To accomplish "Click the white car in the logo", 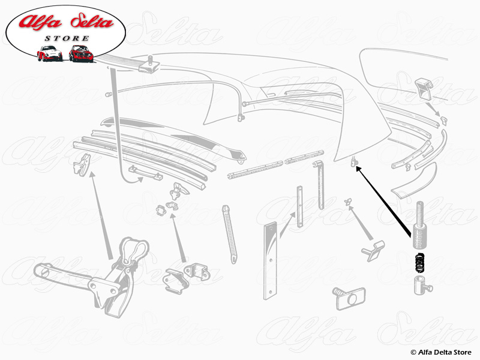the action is [x=50, y=53].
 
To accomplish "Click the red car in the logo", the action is [x=81, y=53].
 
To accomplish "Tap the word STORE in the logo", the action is [x=67, y=38].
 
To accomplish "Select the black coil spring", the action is [x=420, y=262].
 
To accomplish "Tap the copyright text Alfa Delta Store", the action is [x=441, y=352].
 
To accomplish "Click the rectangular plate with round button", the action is [x=350, y=298].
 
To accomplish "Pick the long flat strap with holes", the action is [x=271, y=261].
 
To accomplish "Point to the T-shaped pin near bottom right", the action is [x=373, y=251].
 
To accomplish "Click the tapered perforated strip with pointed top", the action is [x=230, y=234].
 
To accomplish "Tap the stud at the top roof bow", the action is [x=150, y=61].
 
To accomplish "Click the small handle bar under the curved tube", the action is [x=146, y=173].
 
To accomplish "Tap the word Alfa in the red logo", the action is [x=40, y=22].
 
